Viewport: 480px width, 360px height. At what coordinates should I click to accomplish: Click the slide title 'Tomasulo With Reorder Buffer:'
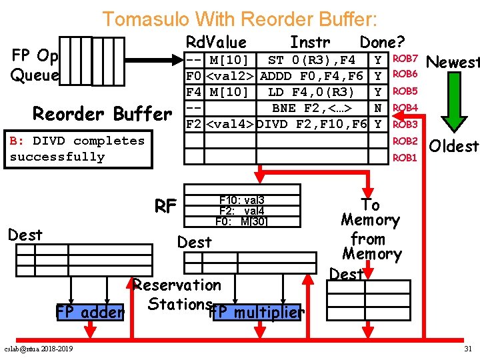(239, 19)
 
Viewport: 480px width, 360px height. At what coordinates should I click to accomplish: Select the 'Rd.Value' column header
(216, 43)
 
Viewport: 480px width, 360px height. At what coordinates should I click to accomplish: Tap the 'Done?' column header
(382, 43)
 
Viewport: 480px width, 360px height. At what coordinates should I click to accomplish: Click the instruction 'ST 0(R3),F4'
(311, 61)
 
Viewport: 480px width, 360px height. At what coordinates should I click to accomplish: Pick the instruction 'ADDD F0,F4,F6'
(311, 76)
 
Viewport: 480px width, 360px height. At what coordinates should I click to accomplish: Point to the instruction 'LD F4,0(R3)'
(311, 91)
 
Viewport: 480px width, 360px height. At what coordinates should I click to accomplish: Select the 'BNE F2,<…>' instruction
(311, 107)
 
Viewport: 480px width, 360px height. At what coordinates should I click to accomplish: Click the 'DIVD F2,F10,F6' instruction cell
(311, 124)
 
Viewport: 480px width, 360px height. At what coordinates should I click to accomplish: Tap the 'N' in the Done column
(379, 107)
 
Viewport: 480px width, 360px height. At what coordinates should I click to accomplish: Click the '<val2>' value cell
(231, 76)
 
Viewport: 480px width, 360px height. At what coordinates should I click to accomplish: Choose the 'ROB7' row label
(405, 59)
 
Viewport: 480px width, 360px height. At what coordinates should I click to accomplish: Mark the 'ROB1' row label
(405, 158)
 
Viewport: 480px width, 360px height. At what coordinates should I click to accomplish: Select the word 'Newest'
(453, 63)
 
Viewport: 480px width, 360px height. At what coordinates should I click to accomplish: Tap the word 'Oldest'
(453, 145)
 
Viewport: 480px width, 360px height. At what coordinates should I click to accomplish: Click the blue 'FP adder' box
(90, 312)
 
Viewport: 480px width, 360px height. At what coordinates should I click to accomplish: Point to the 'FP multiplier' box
(256, 312)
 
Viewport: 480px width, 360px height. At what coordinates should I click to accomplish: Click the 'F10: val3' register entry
(241, 200)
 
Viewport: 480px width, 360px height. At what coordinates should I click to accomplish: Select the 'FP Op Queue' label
(35, 65)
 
